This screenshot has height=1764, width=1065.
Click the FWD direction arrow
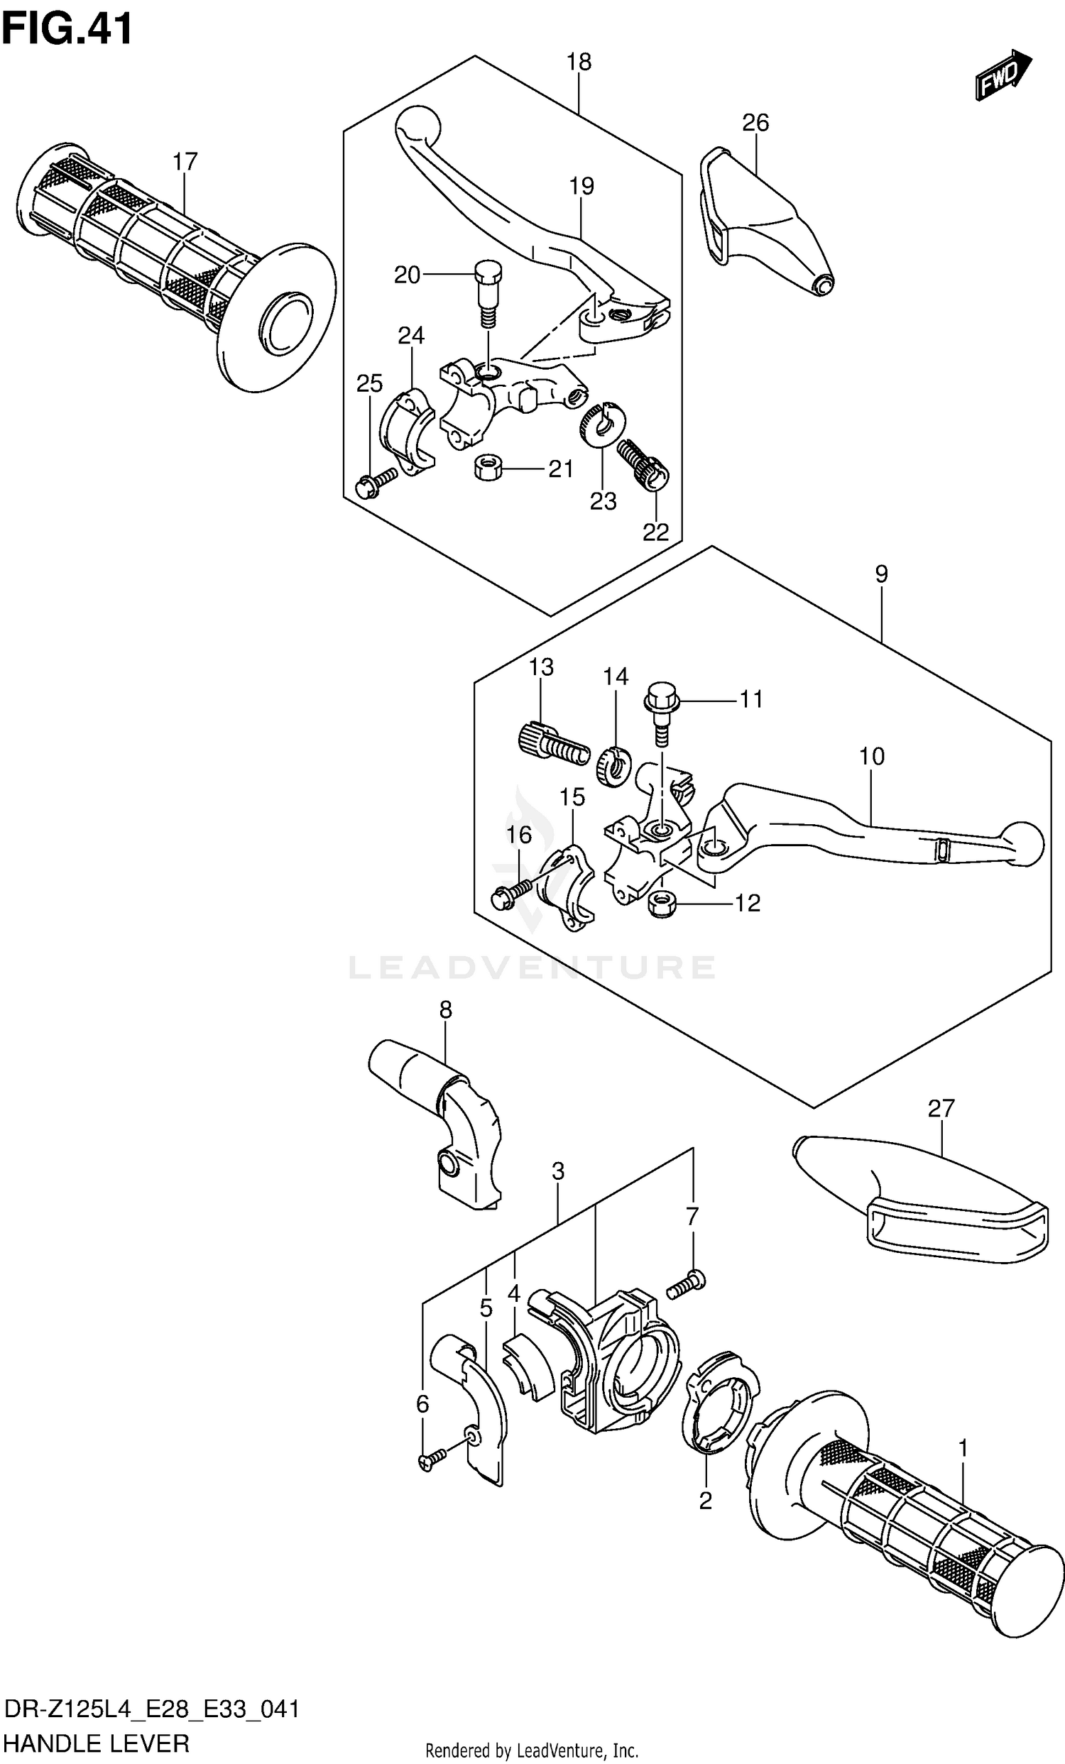click(x=1003, y=75)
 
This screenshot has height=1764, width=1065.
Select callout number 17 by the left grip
click(x=185, y=163)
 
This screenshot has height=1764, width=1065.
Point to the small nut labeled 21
click(x=486, y=470)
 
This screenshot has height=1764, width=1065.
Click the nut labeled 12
click(x=662, y=906)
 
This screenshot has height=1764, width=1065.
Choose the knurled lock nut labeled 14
click(x=613, y=765)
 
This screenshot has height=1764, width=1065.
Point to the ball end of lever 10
click(x=1021, y=843)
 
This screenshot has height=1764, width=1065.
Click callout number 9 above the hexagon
click(x=881, y=574)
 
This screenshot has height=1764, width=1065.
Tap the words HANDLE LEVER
click(x=97, y=1743)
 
